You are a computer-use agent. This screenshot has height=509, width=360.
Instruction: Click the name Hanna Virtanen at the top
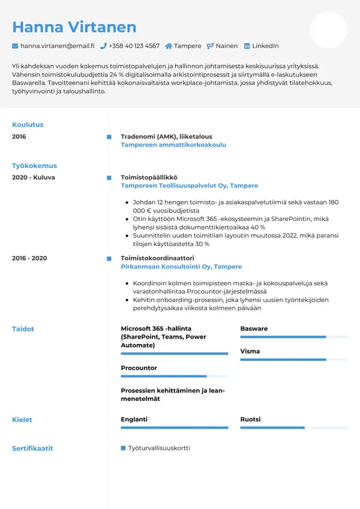point(74,27)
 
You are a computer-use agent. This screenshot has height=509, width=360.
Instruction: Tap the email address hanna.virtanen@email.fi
point(57,46)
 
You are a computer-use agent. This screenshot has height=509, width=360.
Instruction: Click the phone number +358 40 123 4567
point(134,46)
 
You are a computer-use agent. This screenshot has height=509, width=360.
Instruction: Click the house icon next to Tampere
point(169,46)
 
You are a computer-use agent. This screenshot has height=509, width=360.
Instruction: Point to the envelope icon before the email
point(15,46)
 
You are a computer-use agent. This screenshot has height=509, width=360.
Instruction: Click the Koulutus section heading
point(28,125)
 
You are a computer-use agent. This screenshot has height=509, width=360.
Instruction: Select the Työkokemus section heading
point(34,166)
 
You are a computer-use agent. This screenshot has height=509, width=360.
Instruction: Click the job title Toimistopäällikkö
point(149,178)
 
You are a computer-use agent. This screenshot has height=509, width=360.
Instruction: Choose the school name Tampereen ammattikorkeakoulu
point(173,145)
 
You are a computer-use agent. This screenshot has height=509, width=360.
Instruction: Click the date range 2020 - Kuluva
point(34,178)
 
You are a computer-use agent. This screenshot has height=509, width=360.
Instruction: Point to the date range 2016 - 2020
point(29,258)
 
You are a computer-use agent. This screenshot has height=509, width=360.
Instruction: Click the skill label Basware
point(254,329)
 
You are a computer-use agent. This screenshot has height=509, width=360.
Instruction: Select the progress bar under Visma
point(294,360)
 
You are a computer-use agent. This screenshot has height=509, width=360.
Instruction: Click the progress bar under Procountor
point(174,376)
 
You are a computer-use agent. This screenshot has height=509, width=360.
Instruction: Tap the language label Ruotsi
point(250,420)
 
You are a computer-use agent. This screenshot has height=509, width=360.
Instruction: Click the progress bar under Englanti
point(174,428)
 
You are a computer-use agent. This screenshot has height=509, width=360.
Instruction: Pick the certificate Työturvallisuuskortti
point(159,448)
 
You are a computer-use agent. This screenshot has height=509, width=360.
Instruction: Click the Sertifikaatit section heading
point(32,448)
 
